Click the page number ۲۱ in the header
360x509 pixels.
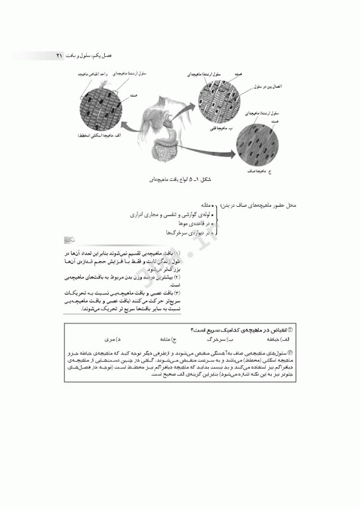(59, 56)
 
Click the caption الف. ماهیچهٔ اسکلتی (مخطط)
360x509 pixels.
(99, 135)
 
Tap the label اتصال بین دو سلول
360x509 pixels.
(269, 87)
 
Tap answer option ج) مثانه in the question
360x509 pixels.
(163, 337)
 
